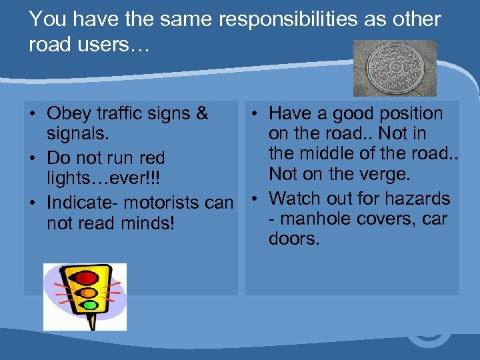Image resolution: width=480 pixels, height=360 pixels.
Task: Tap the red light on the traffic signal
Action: pyautogui.click(x=85, y=277)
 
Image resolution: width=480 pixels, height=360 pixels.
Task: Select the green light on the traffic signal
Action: pyautogui.click(x=91, y=306)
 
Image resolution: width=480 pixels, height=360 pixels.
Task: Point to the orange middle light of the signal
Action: pyautogui.click(x=88, y=292)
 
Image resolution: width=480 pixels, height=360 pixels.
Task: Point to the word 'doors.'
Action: pyautogui.click(x=294, y=239)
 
